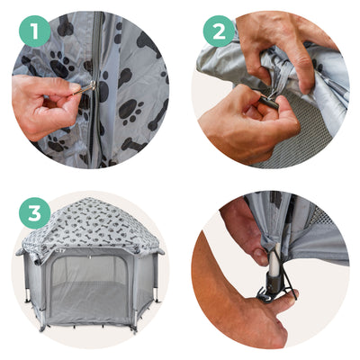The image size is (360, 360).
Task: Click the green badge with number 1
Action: tap(34, 31)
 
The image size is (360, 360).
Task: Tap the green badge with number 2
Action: tap(219, 31)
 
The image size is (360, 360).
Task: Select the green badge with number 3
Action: tap(34, 213)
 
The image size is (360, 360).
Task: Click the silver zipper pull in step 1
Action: tap(85, 88)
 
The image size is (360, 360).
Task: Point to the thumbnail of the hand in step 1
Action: tap(74, 87)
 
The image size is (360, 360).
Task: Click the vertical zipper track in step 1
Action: tap(96, 90)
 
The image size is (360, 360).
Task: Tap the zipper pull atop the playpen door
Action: tap(89, 257)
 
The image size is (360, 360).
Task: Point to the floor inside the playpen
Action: tap(90, 300)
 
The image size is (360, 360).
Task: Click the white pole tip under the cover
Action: tap(274, 260)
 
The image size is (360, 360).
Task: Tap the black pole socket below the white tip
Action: tap(274, 283)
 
